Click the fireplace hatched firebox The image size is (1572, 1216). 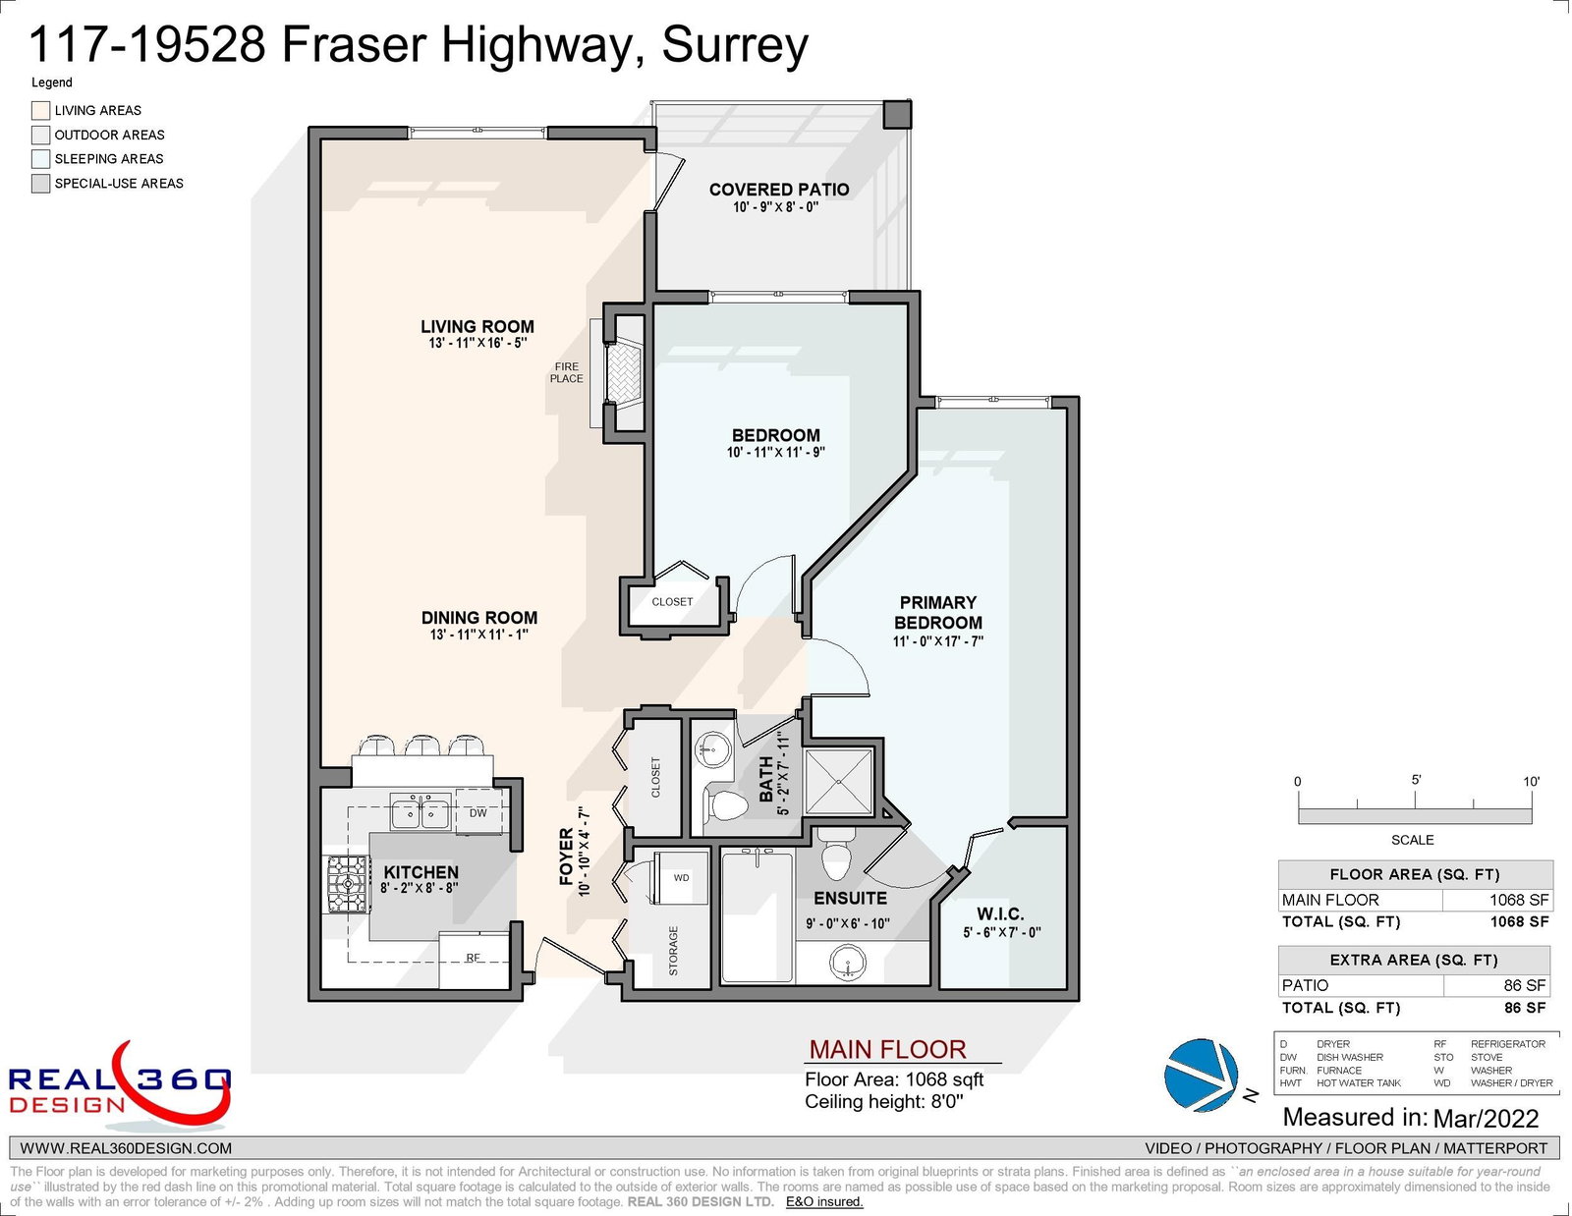(x=624, y=372)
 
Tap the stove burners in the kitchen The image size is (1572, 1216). (x=348, y=884)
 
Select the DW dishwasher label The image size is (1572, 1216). (x=478, y=812)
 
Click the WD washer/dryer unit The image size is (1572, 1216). (x=680, y=878)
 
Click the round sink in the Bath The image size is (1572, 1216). (x=713, y=749)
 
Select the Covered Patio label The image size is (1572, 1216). (x=778, y=190)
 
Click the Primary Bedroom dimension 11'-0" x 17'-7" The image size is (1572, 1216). (x=937, y=641)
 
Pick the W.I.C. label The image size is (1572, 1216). (x=1000, y=913)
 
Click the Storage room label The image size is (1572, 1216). (x=674, y=951)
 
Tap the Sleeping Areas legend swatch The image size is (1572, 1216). (x=40, y=158)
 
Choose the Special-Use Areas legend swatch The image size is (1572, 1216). (x=40, y=183)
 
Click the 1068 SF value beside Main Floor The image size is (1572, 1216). (x=1519, y=900)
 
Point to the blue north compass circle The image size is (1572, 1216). (x=1200, y=1075)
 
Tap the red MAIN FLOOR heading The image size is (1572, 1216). (x=887, y=1049)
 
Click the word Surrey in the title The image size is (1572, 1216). (x=735, y=45)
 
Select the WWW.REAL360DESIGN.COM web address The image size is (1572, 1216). (x=126, y=1148)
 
